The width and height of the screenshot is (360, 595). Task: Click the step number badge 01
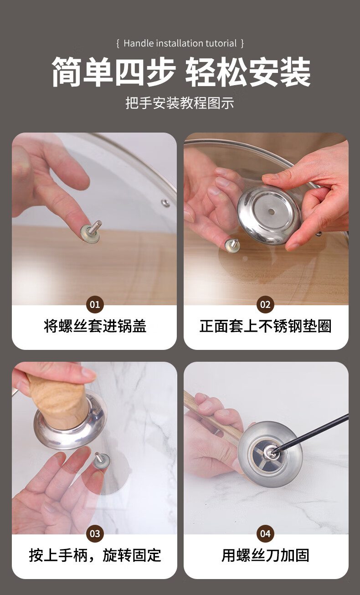coord(95,304)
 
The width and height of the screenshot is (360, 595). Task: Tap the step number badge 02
coord(265,304)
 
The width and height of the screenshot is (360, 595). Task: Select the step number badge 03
coord(95,533)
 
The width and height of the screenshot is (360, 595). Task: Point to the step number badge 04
coord(265,533)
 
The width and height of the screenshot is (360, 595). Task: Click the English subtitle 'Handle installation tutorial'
coord(180,43)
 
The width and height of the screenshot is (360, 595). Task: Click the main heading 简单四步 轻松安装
coord(181,72)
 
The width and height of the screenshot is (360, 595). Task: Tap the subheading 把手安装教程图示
coord(180,103)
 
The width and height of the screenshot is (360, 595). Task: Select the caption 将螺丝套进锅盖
coord(95,326)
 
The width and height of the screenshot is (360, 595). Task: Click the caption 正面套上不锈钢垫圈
coord(265,326)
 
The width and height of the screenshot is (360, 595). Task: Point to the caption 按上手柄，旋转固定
coord(95,555)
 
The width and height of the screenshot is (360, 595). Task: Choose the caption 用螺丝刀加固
coord(265,555)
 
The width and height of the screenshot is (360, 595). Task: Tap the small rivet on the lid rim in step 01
coord(165,203)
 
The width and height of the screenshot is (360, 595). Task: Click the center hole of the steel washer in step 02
coord(271,212)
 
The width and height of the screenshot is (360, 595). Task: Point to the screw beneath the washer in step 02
coord(232,246)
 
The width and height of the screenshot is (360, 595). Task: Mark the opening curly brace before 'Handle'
coord(118,43)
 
